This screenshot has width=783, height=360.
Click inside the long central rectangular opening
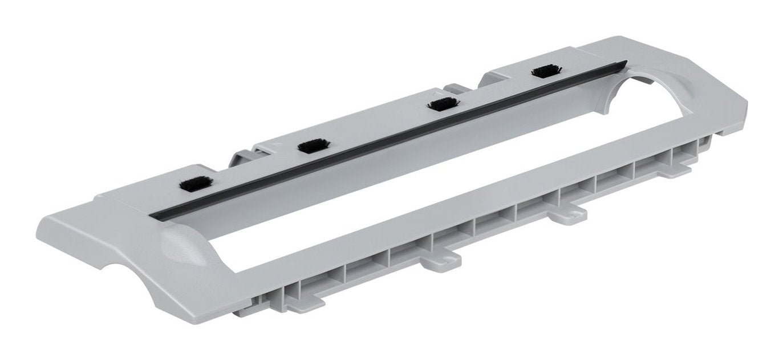coord(399,188)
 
